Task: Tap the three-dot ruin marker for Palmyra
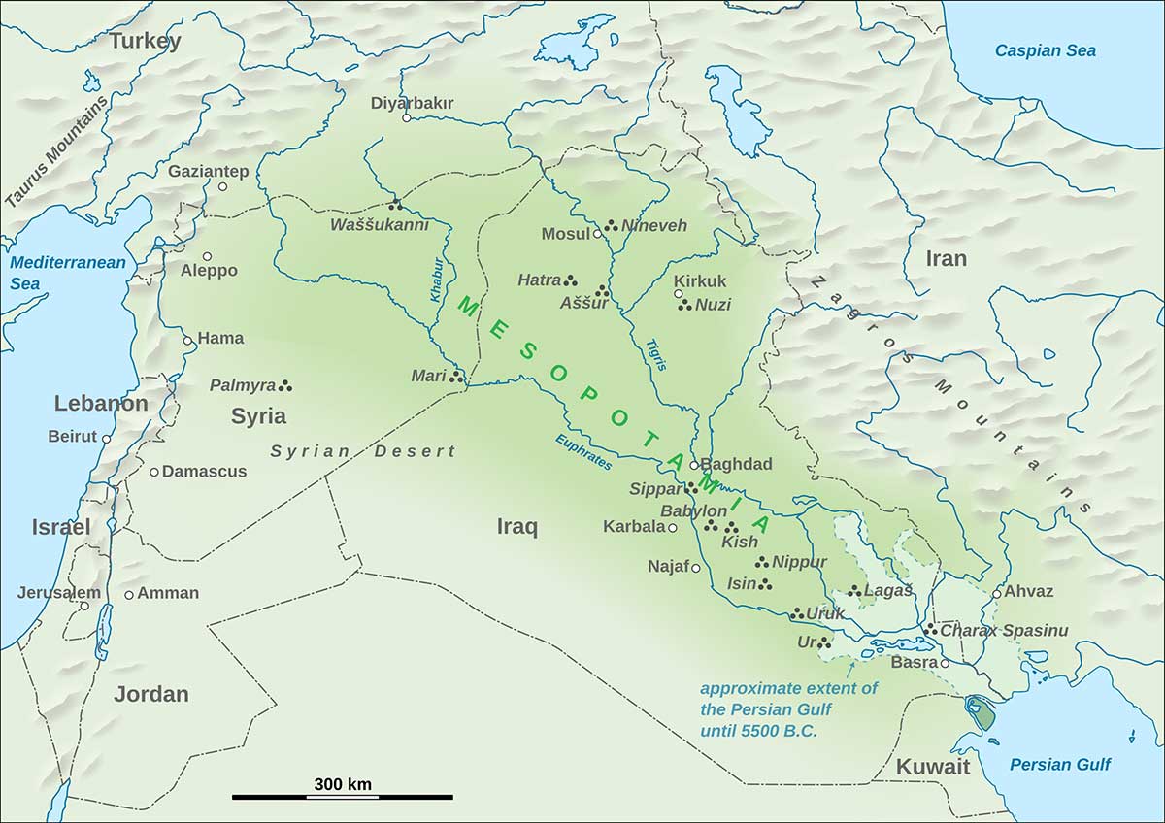tap(285, 385)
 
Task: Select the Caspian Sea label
tap(1045, 50)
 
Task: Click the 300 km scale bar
tap(342, 796)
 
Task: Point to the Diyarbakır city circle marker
tap(406, 118)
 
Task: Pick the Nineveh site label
tap(654, 226)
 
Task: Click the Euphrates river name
tap(583, 452)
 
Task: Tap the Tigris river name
tap(657, 353)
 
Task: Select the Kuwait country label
tap(932, 767)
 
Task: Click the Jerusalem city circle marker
tap(84, 607)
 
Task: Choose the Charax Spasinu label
tap(1004, 631)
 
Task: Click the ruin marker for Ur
tap(824, 642)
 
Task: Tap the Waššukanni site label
tap(379, 225)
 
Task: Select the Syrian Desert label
tap(362, 451)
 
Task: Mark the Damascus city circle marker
tap(153, 472)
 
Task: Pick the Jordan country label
tap(150, 694)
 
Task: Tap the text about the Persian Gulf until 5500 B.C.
tap(788, 709)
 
